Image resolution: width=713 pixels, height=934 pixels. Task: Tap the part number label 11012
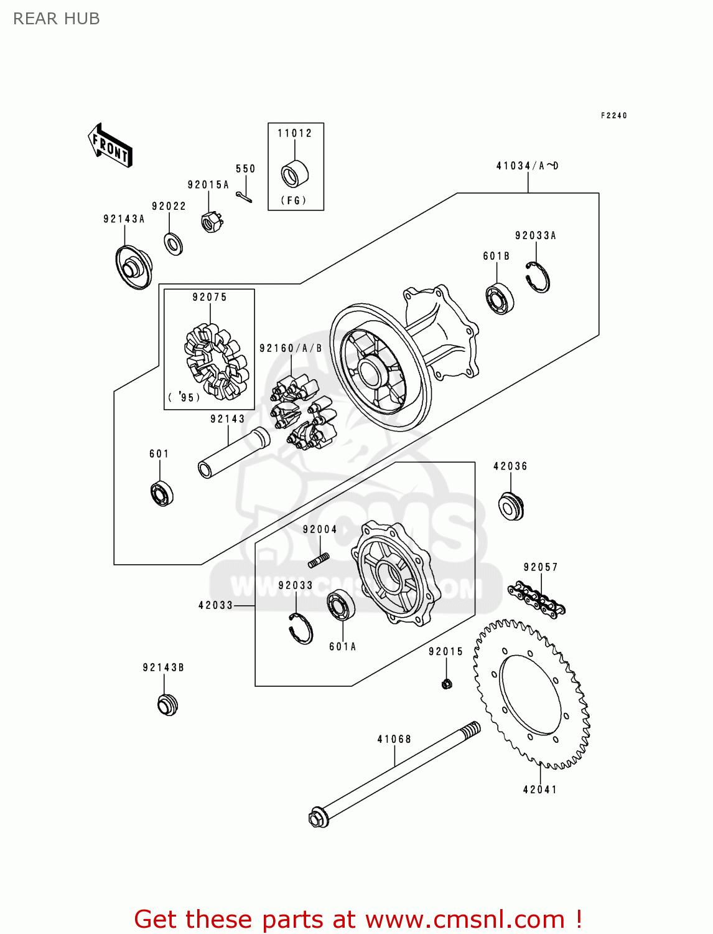pyautogui.click(x=294, y=133)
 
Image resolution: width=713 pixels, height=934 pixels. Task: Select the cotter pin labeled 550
pyautogui.click(x=244, y=197)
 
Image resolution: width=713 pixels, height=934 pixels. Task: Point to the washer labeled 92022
pyautogui.click(x=173, y=243)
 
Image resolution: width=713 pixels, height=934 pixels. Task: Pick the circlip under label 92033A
pyautogui.click(x=537, y=277)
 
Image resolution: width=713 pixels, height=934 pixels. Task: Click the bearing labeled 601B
pyautogui.click(x=499, y=299)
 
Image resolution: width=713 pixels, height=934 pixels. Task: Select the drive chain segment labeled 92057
pyautogui.click(x=536, y=600)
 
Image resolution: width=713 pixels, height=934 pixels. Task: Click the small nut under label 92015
pyautogui.click(x=446, y=684)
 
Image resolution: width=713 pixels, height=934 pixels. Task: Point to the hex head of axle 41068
pyautogui.click(x=318, y=818)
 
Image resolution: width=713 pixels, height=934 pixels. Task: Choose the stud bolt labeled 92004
pyautogui.click(x=319, y=560)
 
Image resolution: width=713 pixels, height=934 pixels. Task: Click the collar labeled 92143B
pyautogui.click(x=167, y=704)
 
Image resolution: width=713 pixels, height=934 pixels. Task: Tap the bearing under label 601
pyautogui.click(x=162, y=494)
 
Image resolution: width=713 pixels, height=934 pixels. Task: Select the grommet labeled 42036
pyautogui.click(x=511, y=506)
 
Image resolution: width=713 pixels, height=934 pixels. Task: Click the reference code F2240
pyautogui.click(x=613, y=116)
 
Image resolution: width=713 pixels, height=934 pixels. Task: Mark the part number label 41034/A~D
pyautogui.click(x=527, y=166)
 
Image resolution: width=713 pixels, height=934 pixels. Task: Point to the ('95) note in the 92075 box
pyautogui.click(x=184, y=397)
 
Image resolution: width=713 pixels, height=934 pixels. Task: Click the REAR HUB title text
pyautogui.click(x=57, y=19)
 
